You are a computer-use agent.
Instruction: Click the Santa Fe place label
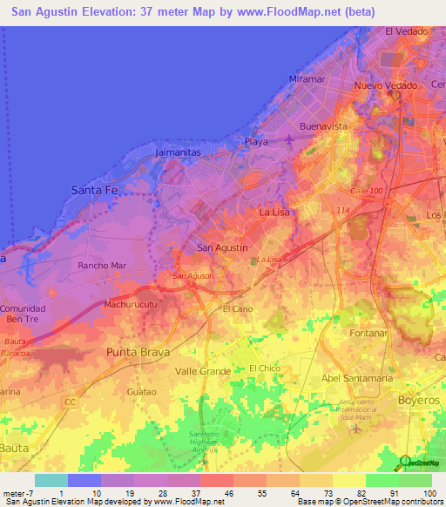tap(93, 189)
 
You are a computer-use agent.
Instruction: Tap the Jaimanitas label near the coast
tap(178, 152)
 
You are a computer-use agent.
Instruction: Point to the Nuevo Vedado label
tap(387, 86)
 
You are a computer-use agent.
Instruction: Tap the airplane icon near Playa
tap(288, 140)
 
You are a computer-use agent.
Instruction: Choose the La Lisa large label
tap(279, 212)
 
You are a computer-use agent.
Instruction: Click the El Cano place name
tap(237, 309)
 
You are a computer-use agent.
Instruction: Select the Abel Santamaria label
tap(358, 378)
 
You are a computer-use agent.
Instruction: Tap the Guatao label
tap(141, 392)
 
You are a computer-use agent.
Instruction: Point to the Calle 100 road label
tap(366, 191)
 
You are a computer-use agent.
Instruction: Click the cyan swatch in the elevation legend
tap(51, 480)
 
